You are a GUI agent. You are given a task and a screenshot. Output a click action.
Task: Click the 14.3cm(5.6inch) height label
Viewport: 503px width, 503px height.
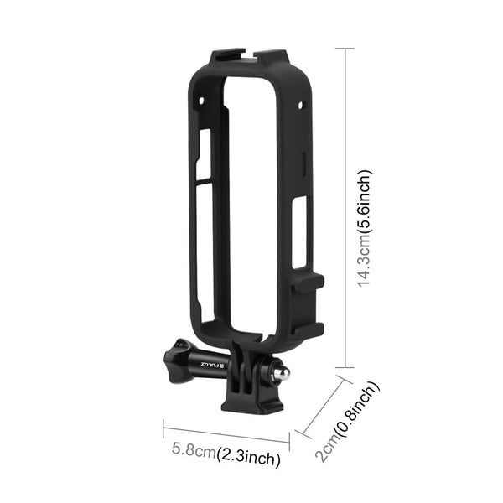(x=363, y=228)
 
